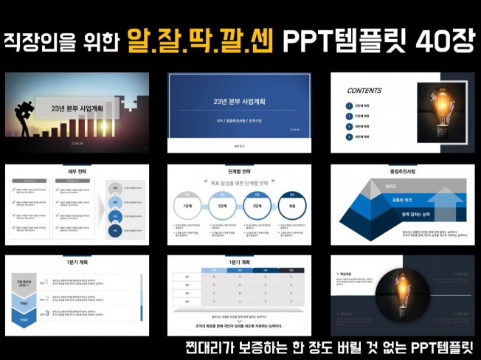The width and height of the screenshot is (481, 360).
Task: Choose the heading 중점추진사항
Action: click(403, 171)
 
